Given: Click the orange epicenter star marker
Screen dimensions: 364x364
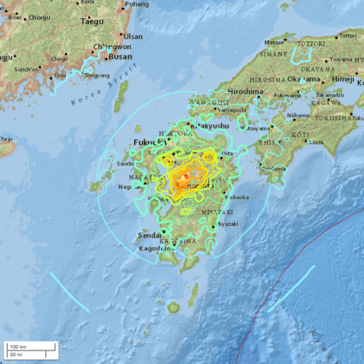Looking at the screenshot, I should (185, 175).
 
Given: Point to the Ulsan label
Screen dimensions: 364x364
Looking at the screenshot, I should (132, 36).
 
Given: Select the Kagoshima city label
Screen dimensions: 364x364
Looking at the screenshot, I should (155, 248).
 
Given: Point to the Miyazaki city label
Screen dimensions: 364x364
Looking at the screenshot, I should (227, 224).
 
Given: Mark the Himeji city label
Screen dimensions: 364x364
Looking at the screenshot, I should (344, 80).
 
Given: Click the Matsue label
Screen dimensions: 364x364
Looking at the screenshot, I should (274, 41).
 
